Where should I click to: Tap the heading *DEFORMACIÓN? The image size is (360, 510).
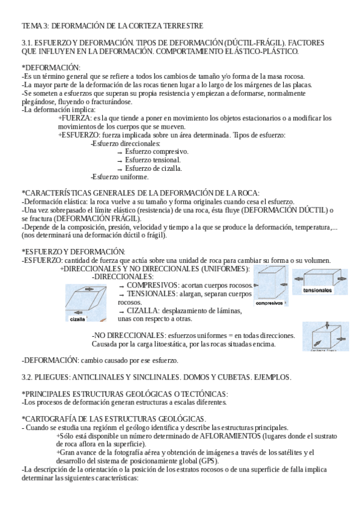point(50,67)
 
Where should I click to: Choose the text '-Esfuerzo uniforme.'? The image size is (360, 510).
point(119,177)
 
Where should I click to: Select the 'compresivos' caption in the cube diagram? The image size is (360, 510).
point(269,303)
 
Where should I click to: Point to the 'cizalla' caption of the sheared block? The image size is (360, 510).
point(78,319)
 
